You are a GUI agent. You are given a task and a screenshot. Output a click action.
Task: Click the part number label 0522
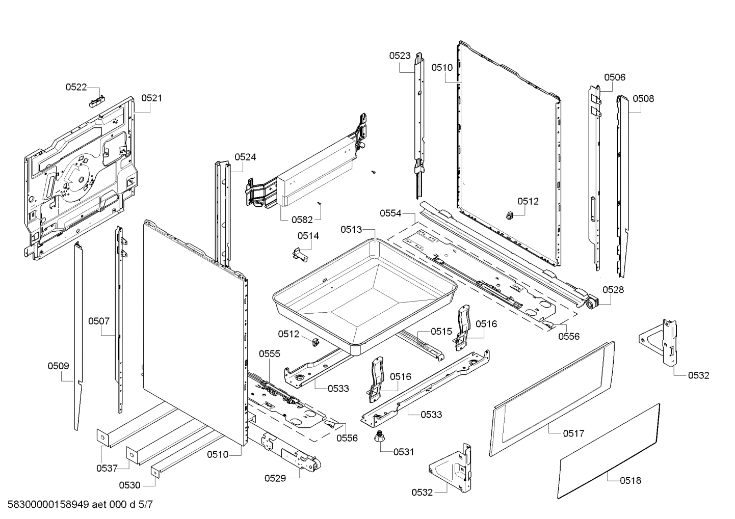(x=76, y=87)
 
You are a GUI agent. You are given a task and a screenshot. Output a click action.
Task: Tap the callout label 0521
(x=151, y=98)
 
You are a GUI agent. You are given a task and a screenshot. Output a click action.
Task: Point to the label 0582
(x=302, y=220)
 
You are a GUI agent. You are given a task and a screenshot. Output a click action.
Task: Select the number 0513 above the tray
(x=351, y=230)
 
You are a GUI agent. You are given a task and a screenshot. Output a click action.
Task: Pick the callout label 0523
(x=400, y=56)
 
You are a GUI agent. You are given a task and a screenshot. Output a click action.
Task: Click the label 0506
(x=615, y=77)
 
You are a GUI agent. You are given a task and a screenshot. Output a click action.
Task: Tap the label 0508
(x=643, y=99)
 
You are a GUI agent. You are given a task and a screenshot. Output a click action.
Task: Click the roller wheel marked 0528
(x=591, y=304)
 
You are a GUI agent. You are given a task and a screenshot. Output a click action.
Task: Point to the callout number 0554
(x=390, y=213)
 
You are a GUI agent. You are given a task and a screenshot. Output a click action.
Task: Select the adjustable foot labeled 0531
(x=379, y=437)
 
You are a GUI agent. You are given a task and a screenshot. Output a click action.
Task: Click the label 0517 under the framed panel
(x=573, y=433)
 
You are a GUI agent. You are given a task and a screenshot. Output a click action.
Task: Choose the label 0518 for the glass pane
(x=631, y=480)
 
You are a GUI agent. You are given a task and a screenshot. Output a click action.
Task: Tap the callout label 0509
(x=59, y=366)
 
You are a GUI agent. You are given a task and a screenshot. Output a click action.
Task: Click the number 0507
(x=99, y=321)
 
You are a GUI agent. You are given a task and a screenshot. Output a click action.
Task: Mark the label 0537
(x=107, y=468)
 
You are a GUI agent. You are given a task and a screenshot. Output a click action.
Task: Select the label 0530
(x=129, y=485)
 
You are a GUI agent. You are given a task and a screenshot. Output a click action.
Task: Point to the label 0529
(x=275, y=478)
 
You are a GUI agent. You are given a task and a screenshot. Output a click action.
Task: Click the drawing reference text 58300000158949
(x=46, y=505)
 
